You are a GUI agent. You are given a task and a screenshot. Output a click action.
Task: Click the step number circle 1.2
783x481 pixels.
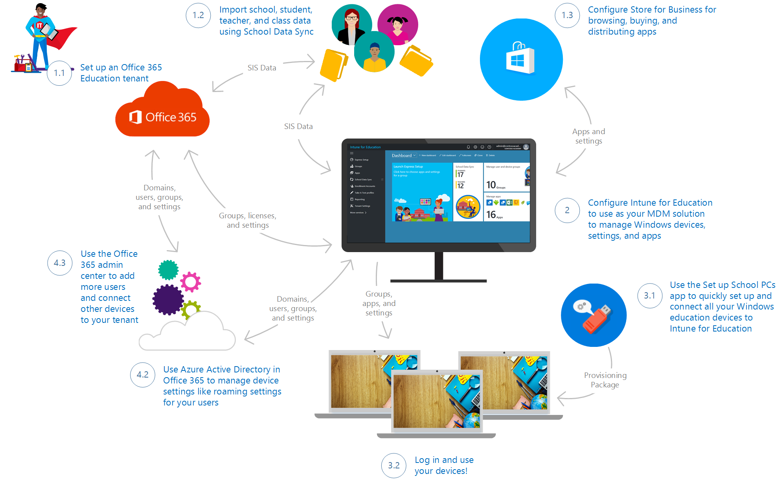(x=198, y=15)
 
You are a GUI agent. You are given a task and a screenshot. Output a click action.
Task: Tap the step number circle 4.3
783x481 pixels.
(x=60, y=263)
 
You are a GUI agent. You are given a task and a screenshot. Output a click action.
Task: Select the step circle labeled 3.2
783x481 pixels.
(x=393, y=465)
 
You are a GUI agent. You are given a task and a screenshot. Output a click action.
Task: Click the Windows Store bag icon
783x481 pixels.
(x=520, y=59)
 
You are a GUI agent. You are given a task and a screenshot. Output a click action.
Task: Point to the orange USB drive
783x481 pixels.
(x=596, y=318)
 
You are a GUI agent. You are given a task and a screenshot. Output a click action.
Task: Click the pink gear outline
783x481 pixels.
(x=191, y=282)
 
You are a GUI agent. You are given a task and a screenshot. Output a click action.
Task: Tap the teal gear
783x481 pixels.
(x=168, y=270)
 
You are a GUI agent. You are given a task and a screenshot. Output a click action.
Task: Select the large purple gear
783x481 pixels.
(x=168, y=299)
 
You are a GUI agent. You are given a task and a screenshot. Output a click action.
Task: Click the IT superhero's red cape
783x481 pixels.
(x=65, y=37)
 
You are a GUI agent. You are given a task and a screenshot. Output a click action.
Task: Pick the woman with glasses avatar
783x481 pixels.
(x=351, y=24)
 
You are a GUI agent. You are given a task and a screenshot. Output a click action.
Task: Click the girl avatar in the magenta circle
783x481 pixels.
(x=397, y=24)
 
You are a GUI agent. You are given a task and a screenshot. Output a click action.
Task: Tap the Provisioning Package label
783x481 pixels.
(x=605, y=380)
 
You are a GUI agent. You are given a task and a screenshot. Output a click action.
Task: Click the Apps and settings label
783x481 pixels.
(x=588, y=136)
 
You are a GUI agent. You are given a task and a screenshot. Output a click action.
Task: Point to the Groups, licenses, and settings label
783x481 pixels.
(x=248, y=220)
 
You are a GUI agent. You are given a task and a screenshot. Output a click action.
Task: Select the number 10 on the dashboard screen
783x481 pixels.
(x=491, y=185)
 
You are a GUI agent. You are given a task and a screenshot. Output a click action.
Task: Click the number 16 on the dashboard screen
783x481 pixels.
(x=491, y=214)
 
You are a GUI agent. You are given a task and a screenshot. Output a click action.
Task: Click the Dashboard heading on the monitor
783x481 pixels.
(x=402, y=155)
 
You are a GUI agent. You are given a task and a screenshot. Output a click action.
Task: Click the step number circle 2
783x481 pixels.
(x=567, y=210)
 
